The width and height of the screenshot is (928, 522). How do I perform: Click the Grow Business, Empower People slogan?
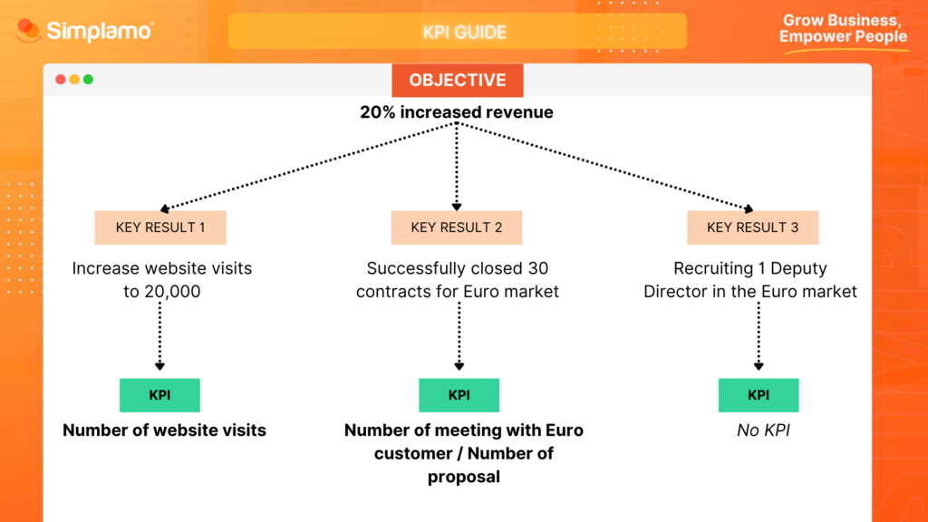(x=842, y=29)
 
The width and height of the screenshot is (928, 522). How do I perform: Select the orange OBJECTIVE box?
(x=457, y=80)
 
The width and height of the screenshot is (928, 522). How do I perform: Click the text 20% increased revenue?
(x=457, y=113)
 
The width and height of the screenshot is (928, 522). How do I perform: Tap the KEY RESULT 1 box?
(x=160, y=227)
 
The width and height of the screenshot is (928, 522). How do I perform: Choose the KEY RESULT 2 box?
(x=457, y=227)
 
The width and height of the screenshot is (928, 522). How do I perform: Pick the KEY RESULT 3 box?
(x=752, y=227)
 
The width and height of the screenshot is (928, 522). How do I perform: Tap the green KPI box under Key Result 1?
(x=159, y=395)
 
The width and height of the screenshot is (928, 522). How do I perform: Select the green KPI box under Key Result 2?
(x=459, y=395)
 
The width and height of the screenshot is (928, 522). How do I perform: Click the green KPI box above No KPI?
(x=758, y=395)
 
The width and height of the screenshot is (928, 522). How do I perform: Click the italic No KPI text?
(x=763, y=430)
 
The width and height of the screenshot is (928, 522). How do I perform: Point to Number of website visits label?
(x=164, y=430)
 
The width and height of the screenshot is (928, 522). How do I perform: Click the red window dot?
(x=61, y=80)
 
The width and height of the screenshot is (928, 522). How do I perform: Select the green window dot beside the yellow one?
(x=88, y=80)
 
